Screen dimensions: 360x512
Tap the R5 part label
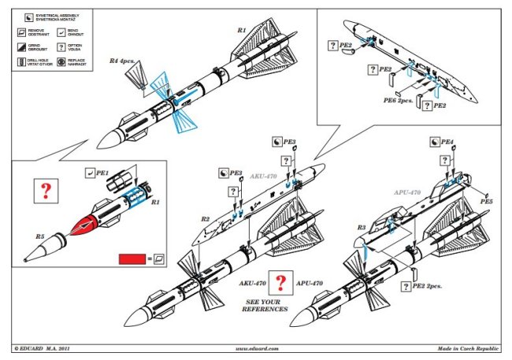(40, 236)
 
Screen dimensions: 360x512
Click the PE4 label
(447, 142)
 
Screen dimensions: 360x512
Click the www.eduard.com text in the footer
(258, 347)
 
